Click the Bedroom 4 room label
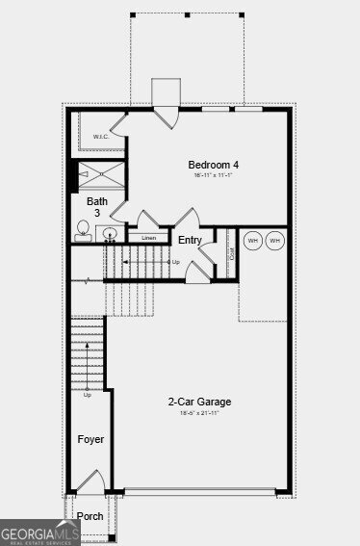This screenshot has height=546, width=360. point(213,165)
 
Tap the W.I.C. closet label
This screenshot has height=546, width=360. point(101,137)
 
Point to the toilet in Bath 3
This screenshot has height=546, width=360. point(85,229)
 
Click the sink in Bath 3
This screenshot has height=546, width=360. point(109,234)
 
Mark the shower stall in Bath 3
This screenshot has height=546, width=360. point(101,173)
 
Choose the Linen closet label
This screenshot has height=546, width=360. point(148,238)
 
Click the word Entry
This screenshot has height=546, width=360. point(191,240)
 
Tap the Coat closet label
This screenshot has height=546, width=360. point(232,255)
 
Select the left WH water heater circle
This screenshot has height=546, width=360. point(252,240)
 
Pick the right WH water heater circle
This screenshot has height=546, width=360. point(275,240)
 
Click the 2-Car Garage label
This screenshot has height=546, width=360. point(199,402)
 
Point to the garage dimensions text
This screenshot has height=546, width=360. point(199,414)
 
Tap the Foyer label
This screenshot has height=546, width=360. point(90,439)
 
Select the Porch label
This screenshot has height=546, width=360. point(90,517)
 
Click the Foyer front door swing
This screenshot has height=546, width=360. point(90,481)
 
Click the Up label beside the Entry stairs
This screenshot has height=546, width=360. point(175,262)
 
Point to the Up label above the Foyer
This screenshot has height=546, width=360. point(88,395)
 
